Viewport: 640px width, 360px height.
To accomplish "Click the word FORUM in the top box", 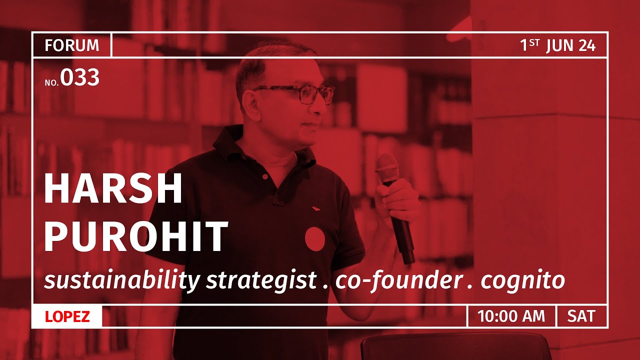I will point(71,45).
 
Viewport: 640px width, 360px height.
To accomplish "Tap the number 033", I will point(80,78).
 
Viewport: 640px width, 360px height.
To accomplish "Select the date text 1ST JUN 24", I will point(557,45).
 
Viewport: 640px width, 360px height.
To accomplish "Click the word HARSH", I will point(113,190).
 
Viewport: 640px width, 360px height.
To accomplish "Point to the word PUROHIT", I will point(136,237).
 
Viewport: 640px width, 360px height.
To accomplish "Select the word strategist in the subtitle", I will point(261,281).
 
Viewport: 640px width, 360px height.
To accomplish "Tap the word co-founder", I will point(398,281).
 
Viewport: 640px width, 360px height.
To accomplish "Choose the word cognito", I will point(522,281).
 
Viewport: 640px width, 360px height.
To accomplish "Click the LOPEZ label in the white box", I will point(67,316).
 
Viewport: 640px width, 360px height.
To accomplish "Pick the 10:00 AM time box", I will point(511,316).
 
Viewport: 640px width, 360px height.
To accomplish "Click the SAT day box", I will point(581,316).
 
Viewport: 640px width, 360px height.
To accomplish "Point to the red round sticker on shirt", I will point(314,239).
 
